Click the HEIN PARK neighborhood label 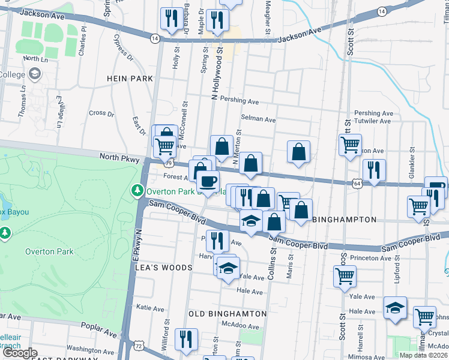(130, 79)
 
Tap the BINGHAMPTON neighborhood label (345, 220)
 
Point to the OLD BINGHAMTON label (228, 313)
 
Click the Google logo (20, 353)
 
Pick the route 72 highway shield (139, 346)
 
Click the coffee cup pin (208, 181)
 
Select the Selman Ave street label (258, 119)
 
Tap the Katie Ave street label (151, 307)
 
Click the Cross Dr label (101, 113)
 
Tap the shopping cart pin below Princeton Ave (345, 277)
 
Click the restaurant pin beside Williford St (186, 340)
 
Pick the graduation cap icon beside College (35, 74)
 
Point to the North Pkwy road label (118, 157)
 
